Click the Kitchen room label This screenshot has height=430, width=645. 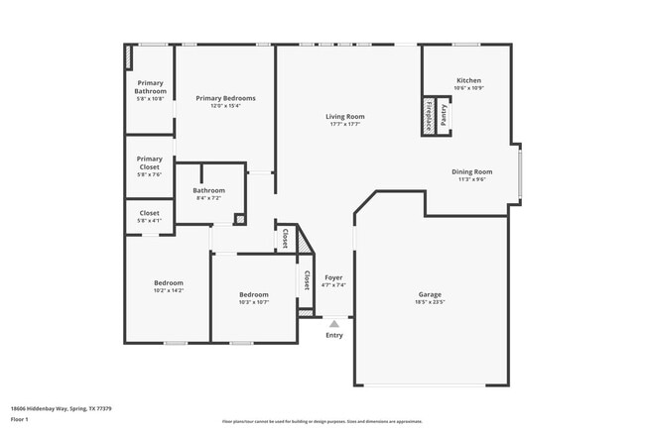[x=468, y=80]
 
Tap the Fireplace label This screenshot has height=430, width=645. [x=429, y=116]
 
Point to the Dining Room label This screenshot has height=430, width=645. [x=471, y=171]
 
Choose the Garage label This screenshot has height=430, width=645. [x=430, y=293]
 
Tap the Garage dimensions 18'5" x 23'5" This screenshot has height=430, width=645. [x=430, y=301]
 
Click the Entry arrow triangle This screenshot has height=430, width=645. [x=334, y=323]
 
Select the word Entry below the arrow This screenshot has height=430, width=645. [x=334, y=335]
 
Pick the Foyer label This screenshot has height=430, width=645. [x=333, y=277]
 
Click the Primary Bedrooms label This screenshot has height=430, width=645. [x=225, y=98]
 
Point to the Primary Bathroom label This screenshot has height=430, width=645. [x=151, y=87]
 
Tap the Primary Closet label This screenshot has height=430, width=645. [x=150, y=162]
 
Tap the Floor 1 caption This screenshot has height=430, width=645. [x=19, y=419]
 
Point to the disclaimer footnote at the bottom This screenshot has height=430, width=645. [x=322, y=421]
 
